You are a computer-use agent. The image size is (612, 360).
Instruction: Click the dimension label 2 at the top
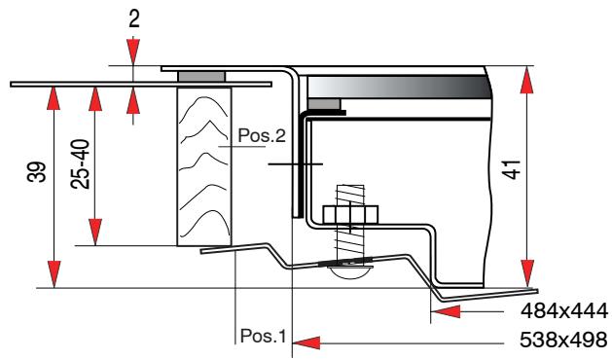(x=133, y=17)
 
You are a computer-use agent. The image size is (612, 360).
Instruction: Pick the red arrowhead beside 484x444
(x=444, y=312)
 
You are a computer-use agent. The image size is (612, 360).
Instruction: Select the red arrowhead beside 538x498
(x=307, y=342)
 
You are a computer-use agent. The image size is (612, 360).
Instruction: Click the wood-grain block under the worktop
(x=203, y=165)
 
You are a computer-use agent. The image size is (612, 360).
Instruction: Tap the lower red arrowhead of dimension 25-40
(x=95, y=234)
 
